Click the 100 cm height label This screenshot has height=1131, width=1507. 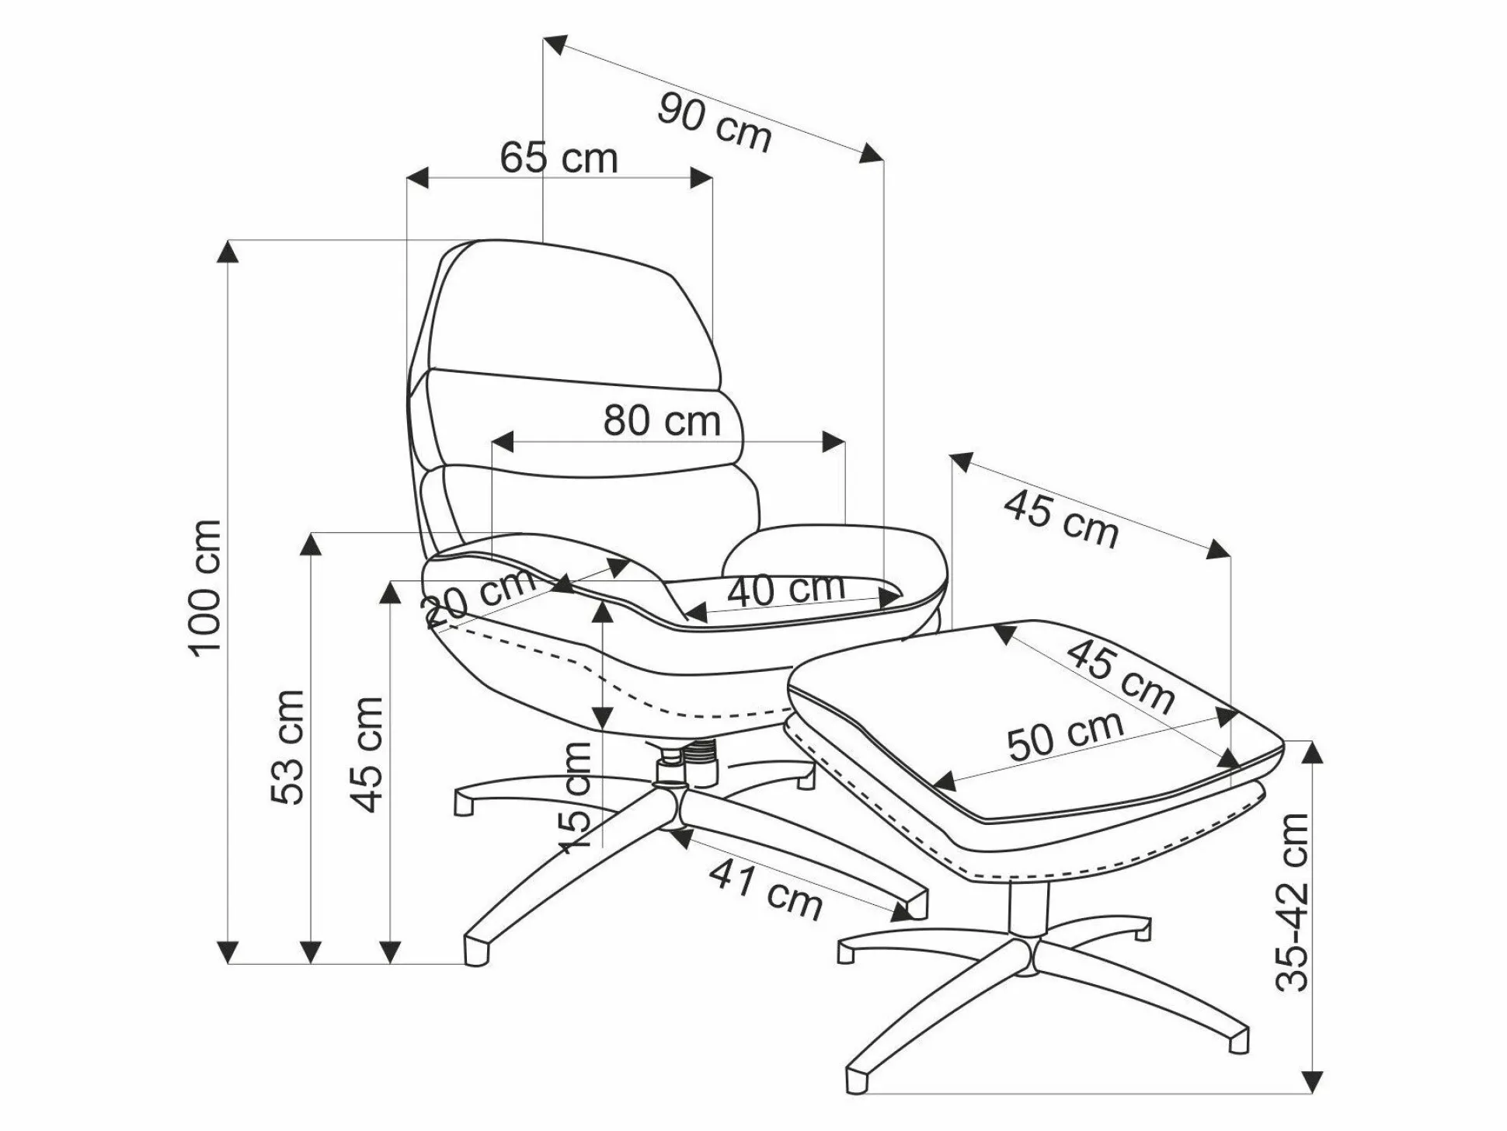point(205,588)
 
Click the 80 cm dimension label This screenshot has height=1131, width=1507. point(662,421)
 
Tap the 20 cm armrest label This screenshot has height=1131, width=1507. point(479,597)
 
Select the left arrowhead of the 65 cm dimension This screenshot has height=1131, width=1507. point(418,177)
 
